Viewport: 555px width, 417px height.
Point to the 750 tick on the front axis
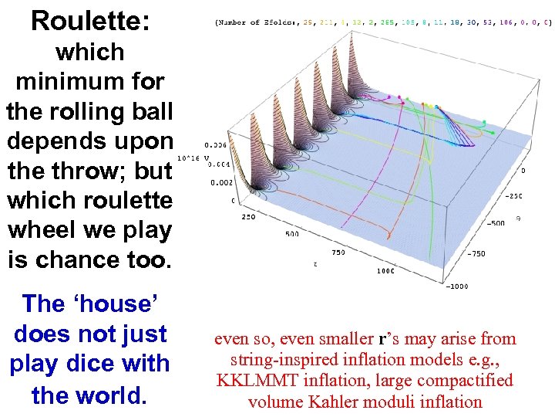[x=338, y=252]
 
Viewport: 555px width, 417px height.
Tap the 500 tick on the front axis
[x=292, y=233]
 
